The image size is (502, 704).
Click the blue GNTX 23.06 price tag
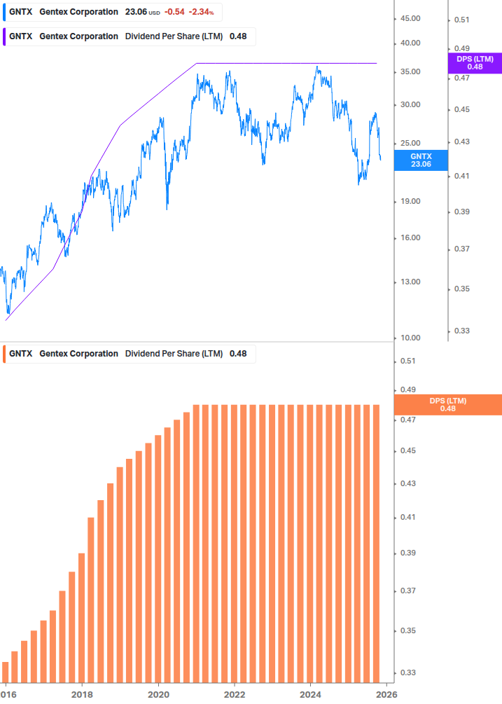421,160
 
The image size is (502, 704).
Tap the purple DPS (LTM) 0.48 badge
475,63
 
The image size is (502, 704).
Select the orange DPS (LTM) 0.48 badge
448,404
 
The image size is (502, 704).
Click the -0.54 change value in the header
174,12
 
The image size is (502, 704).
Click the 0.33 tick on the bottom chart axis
407,672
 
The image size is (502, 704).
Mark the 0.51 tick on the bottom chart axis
407,361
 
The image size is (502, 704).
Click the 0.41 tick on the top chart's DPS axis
461,177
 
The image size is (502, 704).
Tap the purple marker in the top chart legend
4,36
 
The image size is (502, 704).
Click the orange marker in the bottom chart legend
4,354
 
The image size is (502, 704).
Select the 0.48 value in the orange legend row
238,354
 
